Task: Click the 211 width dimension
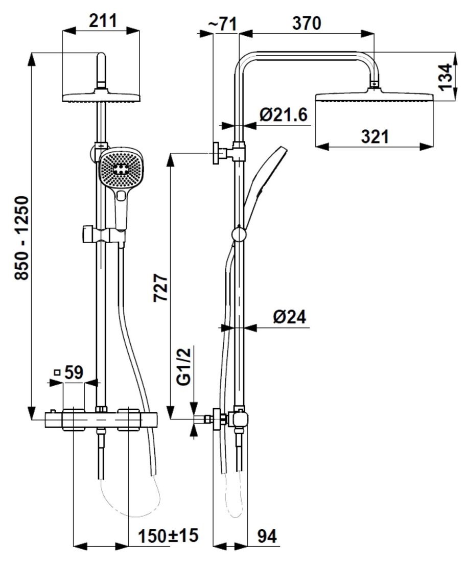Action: pyautogui.click(x=103, y=21)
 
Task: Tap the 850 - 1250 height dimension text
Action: pyautogui.click(x=21, y=238)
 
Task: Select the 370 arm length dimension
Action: pyautogui.click(x=307, y=24)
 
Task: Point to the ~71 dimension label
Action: pyautogui.click(x=223, y=25)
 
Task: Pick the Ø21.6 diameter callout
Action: pyautogui.click(x=284, y=114)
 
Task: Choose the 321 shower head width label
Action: pyautogui.click(x=375, y=136)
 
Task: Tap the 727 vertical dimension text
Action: pyautogui.click(x=160, y=288)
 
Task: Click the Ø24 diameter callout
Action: pyautogui.click(x=290, y=317)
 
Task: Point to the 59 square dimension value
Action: pyautogui.click(x=74, y=372)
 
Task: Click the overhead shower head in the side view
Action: pyautogui.click(x=374, y=98)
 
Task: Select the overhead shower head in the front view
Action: pyautogui.click(x=102, y=98)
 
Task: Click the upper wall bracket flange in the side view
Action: pyautogui.click(x=216, y=153)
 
